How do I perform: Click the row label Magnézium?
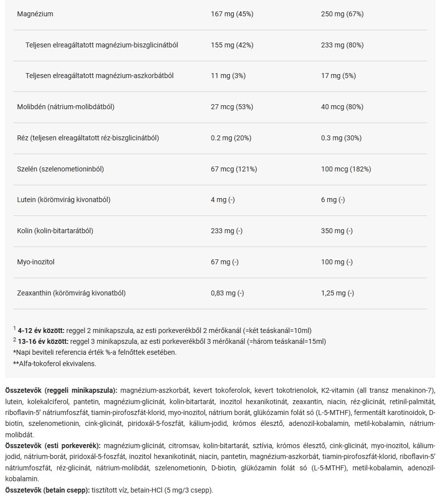(35, 14)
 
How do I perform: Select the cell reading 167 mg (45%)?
(232, 14)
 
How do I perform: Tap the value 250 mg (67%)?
(342, 14)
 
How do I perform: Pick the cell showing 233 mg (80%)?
(342, 45)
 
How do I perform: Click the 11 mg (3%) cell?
(228, 76)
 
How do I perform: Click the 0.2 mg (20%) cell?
(231, 138)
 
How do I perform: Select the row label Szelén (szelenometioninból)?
(60, 169)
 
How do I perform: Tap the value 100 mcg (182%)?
(346, 169)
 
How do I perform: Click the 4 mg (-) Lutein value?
(222, 200)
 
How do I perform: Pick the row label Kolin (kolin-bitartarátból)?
(55, 231)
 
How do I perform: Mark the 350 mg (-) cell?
(337, 231)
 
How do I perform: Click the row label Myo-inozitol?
(36, 262)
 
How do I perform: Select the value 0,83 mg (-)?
(227, 293)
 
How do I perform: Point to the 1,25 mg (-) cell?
(338, 293)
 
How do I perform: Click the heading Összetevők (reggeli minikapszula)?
(61, 390)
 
